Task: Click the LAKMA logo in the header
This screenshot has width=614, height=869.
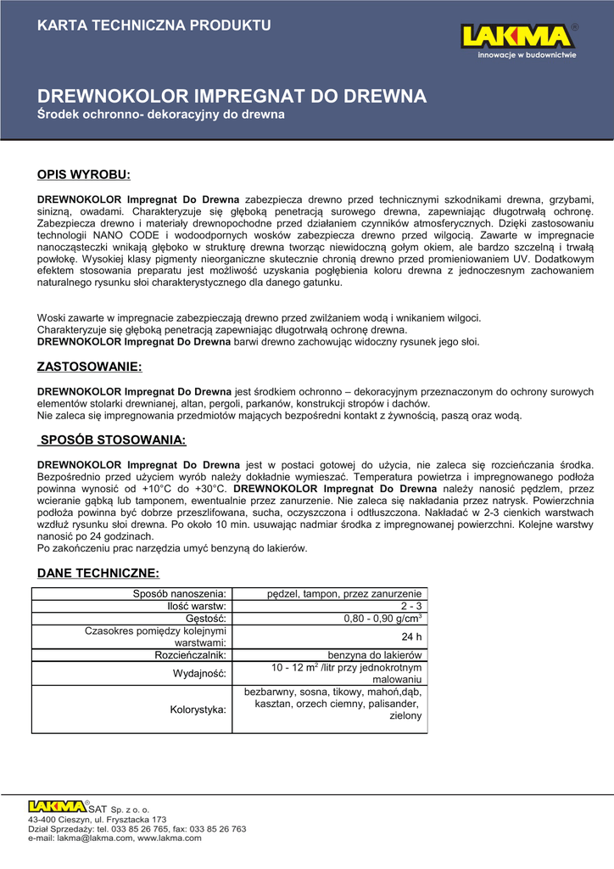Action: [519, 37]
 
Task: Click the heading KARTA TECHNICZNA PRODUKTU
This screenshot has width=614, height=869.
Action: [154, 25]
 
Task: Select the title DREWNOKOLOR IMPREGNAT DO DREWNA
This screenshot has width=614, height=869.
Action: [232, 95]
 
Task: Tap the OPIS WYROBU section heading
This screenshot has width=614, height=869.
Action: [84, 175]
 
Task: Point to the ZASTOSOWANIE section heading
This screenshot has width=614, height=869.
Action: [89, 367]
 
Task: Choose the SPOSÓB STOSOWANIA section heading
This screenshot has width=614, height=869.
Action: [113, 440]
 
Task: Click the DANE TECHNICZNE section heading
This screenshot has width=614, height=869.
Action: [98, 574]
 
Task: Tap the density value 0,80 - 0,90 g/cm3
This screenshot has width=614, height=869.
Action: [383, 620]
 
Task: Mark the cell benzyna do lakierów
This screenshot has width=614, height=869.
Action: [375, 656]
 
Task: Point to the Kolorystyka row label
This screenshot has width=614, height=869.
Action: [198, 709]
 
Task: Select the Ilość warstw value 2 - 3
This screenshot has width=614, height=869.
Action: [411, 607]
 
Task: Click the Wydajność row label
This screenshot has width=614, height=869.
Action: [201, 674]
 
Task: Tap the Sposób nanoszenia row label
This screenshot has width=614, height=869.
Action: [180, 593]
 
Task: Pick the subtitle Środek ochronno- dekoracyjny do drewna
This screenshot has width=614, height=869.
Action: [161, 114]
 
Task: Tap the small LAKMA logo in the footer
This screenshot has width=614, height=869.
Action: [56, 806]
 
